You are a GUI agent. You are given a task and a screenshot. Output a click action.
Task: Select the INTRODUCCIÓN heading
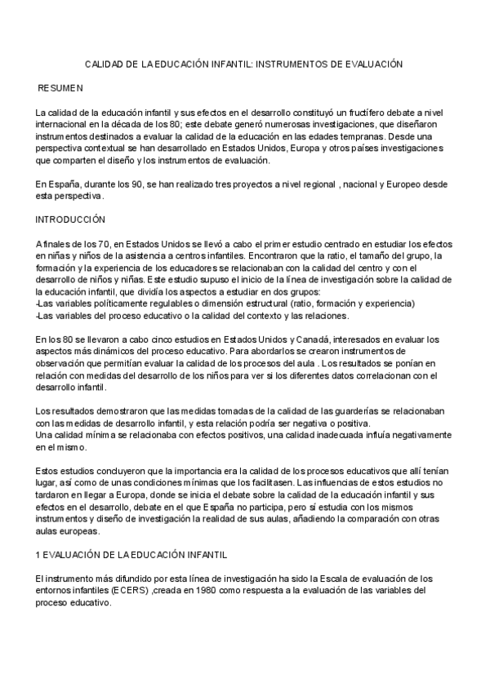point(72,220)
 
